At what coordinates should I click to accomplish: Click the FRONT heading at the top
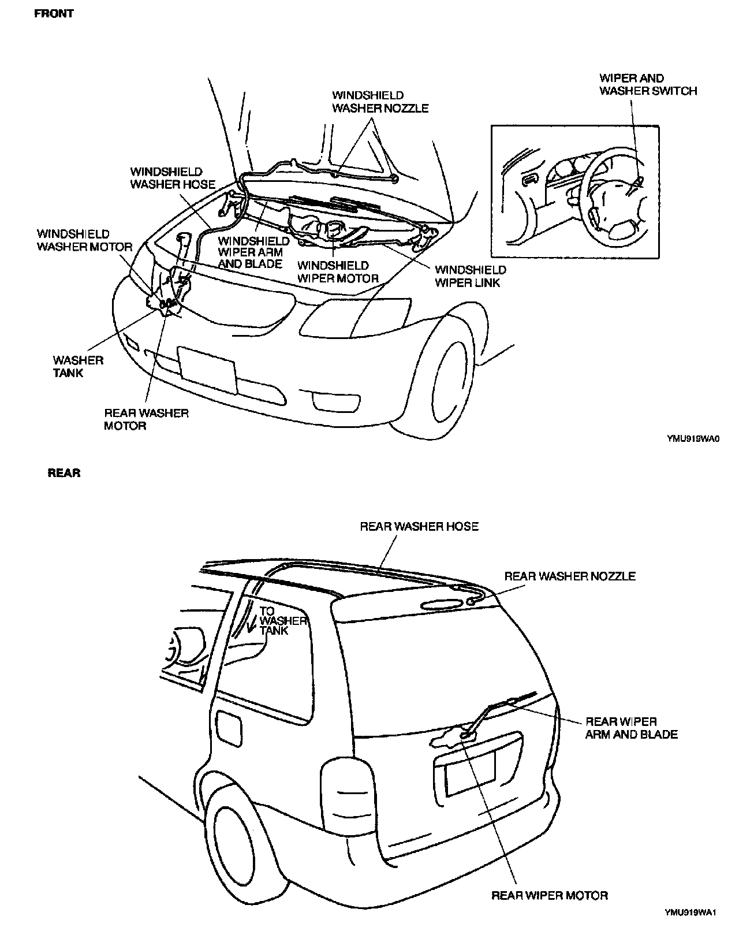[x=54, y=13]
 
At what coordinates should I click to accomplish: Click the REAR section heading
[x=64, y=473]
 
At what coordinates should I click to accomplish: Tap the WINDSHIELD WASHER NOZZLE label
[x=380, y=102]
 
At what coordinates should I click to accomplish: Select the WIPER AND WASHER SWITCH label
[x=648, y=84]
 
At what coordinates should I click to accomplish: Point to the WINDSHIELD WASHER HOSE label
[x=172, y=178]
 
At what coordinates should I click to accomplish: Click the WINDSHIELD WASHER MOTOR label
[x=84, y=240]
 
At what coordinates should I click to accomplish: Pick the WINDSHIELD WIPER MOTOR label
[x=338, y=272]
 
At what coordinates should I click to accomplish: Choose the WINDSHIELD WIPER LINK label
[x=470, y=276]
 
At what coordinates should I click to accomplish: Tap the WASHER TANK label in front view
[x=78, y=366]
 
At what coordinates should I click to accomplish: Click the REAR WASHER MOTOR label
[x=146, y=419]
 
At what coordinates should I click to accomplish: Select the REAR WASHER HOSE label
[x=419, y=526]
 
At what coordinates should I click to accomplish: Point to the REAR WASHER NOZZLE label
[x=570, y=576]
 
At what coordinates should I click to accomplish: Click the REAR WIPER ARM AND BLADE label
[x=631, y=728]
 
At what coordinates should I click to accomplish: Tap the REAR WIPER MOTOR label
[x=550, y=896]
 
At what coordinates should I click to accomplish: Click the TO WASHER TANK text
[x=281, y=620]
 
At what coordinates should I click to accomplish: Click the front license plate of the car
[x=207, y=370]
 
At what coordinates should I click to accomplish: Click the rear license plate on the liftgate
[x=471, y=773]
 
